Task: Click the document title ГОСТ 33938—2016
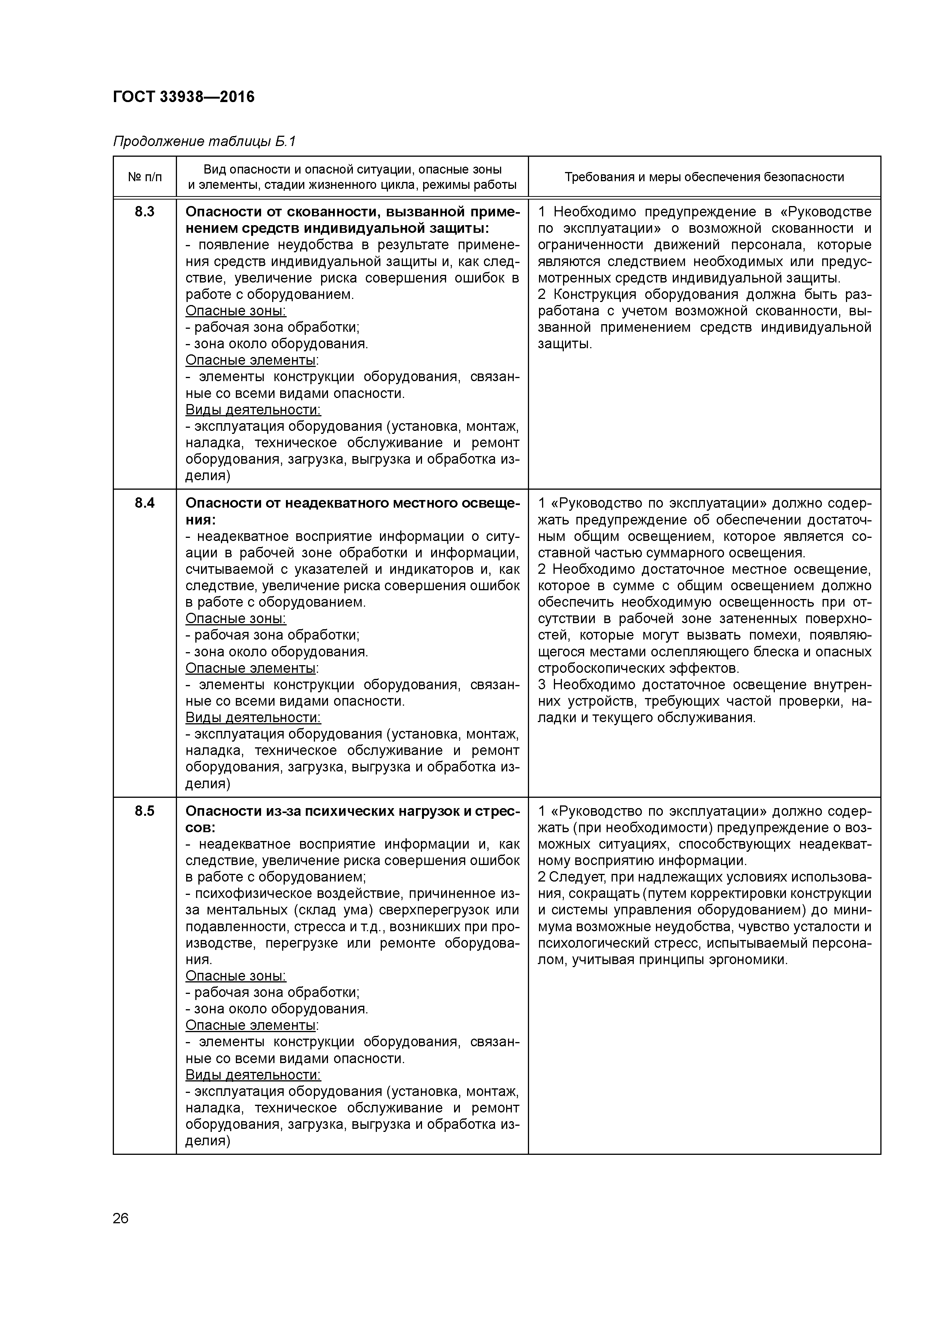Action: click(183, 97)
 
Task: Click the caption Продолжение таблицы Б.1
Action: click(205, 141)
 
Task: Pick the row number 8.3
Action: click(144, 211)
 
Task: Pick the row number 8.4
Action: click(144, 503)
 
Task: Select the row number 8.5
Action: click(144, 811)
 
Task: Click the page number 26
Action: click(121, 1218)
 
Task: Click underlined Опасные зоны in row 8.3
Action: click(235, 311)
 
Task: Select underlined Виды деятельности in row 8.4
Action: click(253, 717)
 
